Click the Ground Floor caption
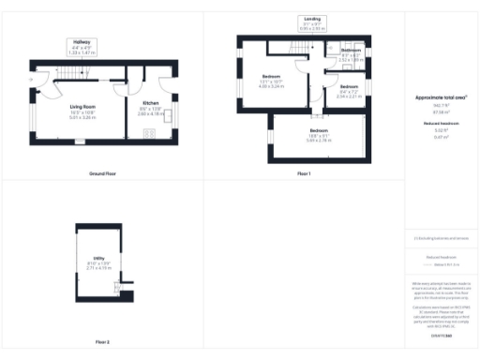tap(103, 174)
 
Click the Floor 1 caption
tap(304, 174)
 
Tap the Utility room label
tap(98, 263)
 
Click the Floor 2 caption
tap(102, 342)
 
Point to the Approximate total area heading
tap(441, 97)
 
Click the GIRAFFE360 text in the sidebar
tap(441, 334)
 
